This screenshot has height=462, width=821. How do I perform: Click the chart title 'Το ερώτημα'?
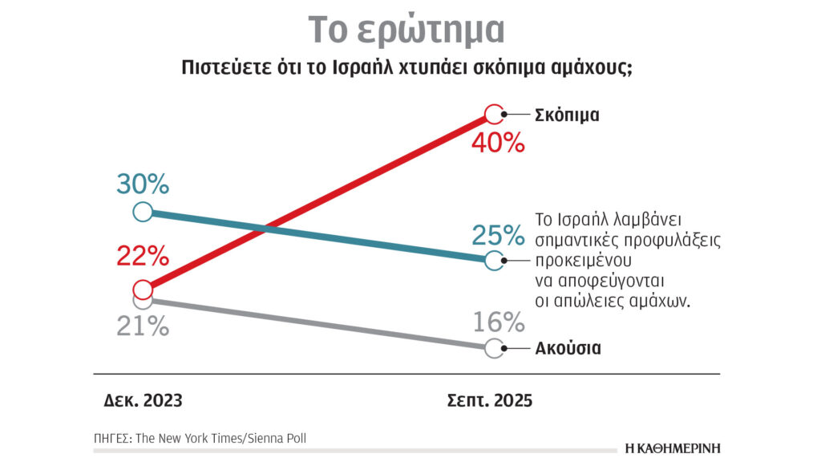point(406,30)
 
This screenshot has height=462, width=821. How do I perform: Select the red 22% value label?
point(142,257)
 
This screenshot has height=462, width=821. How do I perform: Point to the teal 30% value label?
point(142,184)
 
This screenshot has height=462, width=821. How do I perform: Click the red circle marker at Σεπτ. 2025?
point(495,115)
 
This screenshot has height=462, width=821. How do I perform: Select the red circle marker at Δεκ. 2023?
point(142,290)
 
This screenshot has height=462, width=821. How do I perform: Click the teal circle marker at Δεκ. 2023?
point(142,212)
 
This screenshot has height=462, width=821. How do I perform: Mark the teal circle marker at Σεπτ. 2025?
point(495,260)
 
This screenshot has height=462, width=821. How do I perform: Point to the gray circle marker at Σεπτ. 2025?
point(495,348)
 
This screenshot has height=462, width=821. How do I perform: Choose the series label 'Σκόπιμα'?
point(567,115)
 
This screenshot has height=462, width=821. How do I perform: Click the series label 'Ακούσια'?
point(568,349)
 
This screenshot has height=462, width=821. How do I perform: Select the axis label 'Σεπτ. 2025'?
point(489,399)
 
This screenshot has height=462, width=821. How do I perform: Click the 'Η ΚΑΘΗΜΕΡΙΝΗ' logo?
point(673,448)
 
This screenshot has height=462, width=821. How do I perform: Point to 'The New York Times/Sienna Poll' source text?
point(220,438)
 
